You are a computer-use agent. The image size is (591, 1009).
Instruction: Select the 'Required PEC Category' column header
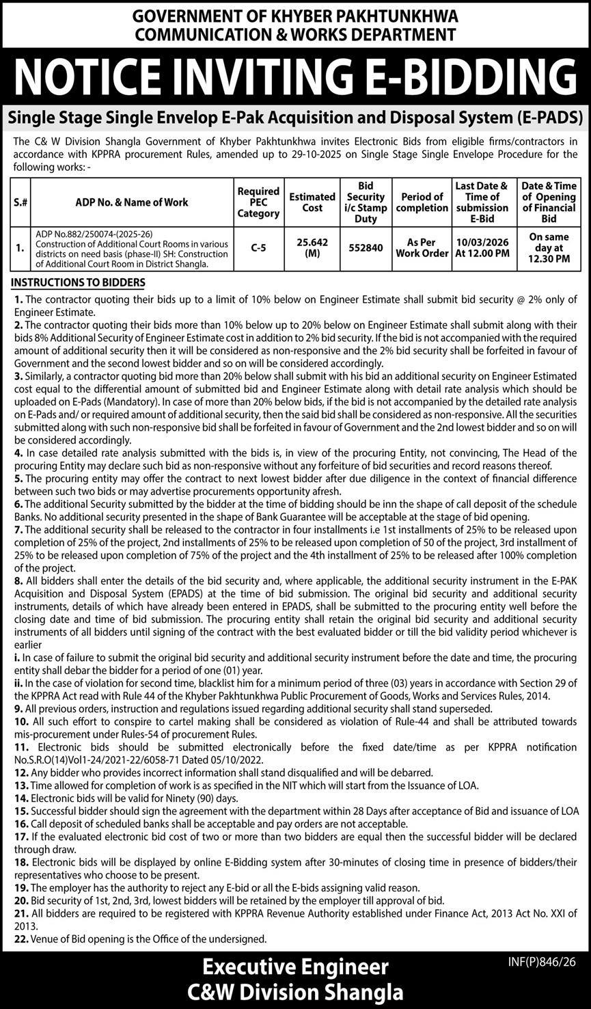coord(258,202)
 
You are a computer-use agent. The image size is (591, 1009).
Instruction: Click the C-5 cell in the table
coord(258,247)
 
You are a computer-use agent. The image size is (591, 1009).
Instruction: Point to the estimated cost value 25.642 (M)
coord(312,247)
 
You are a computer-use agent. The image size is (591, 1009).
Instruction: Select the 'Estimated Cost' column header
coord(312,202)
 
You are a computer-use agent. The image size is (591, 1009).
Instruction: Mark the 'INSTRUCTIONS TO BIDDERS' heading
coord(79,282)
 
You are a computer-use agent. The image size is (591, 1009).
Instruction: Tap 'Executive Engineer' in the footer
coord(295,967)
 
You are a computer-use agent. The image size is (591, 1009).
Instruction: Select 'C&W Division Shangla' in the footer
coord(295,991)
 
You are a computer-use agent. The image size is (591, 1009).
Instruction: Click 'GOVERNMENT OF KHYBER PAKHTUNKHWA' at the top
coord(295,16)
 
